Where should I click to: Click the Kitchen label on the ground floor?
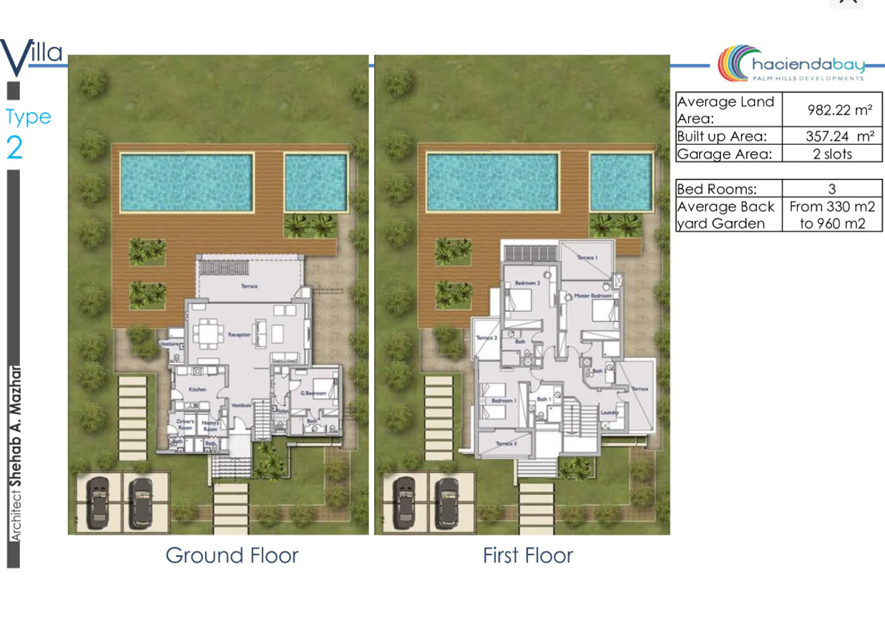coord(197,390)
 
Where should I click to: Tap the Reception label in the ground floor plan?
coord(236,332)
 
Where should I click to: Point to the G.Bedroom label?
coord(312,393)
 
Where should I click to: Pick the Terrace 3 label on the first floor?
coord(506,444)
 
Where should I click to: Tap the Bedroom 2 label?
coord(528,283)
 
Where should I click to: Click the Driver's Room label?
coord(185,423)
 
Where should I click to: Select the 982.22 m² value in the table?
coord(839,110)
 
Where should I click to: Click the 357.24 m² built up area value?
coord(839,136)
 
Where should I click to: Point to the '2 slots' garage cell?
coord(832,153)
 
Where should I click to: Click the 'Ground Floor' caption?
coord(232,555)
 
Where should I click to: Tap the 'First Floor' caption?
coord(527,555)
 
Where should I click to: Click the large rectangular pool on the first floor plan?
coord(492,182)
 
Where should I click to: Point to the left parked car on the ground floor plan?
coord(99,502)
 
